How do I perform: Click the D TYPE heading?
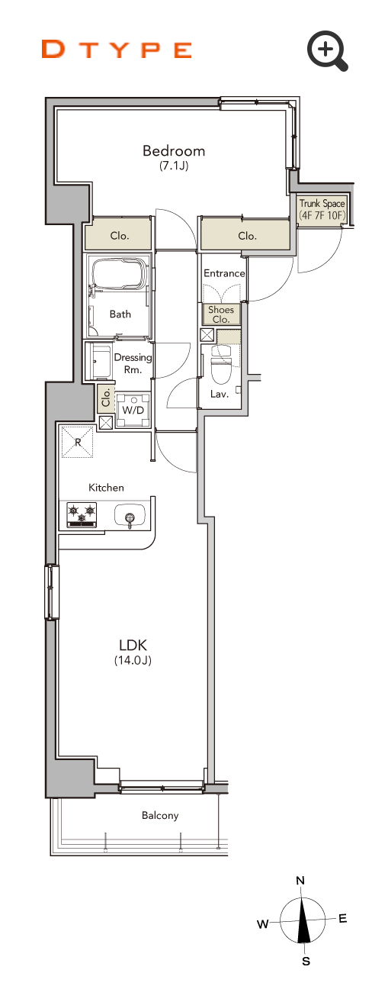[x=117, y=50]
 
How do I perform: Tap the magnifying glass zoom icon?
[x=328, y=50]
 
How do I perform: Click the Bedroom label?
[x=174, y=151]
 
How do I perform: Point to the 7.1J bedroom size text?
[x=174, y=166]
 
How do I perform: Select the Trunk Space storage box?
[x=322, y=210]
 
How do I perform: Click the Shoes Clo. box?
[x=221, y=314]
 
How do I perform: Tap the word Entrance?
[x=224, y=273]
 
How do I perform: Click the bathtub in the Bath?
[x=120, y=273]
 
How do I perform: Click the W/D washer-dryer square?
[x=133, y=411]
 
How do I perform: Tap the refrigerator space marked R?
[x=78, y=442]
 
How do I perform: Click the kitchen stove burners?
[x=82, y=515]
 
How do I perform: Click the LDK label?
[x=133, y=646]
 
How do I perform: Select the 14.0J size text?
[x=133, y=660]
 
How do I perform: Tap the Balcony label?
[x=160, y=816]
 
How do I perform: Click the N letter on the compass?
[x=300, y=881]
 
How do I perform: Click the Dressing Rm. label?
[x=133, y=363]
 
